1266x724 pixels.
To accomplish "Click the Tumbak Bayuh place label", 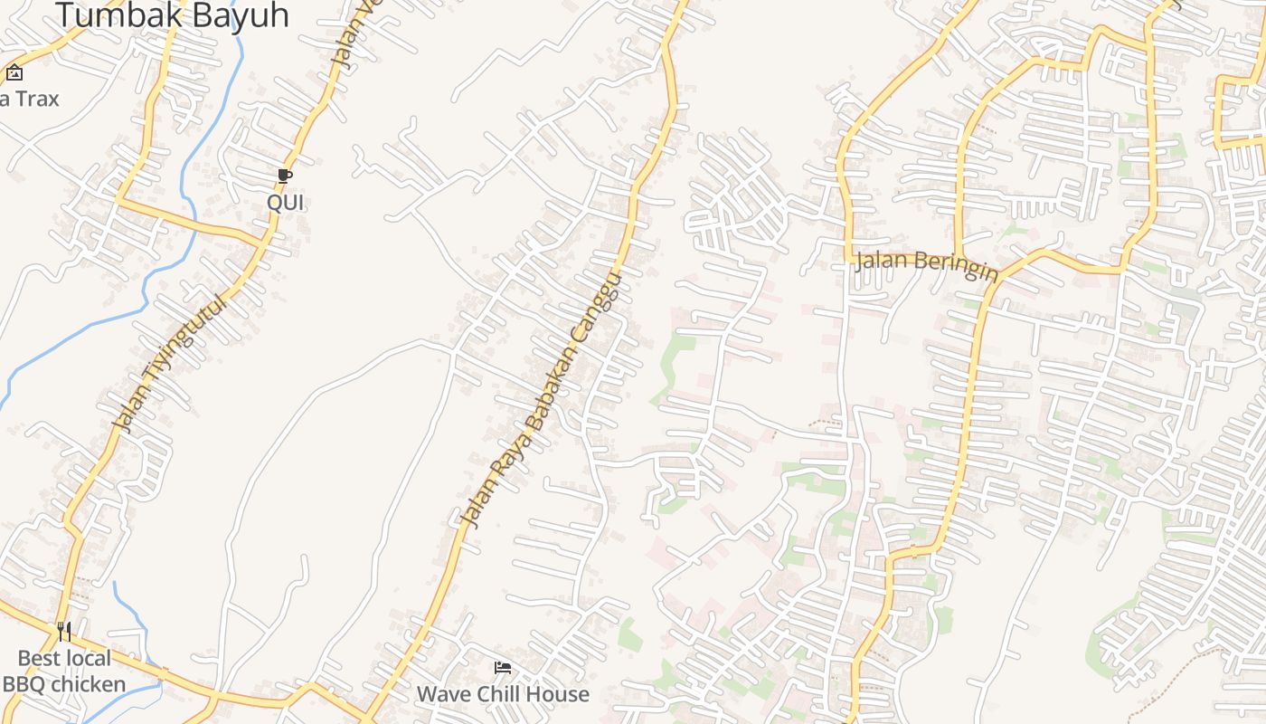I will click(172, 14).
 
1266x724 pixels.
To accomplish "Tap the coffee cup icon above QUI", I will click(285, 176).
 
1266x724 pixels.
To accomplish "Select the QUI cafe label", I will click(285, 203).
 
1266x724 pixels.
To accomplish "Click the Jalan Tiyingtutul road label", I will click(168, 361).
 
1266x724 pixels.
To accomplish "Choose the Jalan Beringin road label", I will click(926, 264).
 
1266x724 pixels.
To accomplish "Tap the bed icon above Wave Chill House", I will click(503, 669).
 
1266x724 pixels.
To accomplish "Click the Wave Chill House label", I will click(503, 694).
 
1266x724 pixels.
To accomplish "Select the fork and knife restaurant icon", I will click(64, 631).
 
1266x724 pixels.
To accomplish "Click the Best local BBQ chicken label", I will click(64, 671).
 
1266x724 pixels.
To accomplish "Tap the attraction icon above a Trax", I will click(14, 73).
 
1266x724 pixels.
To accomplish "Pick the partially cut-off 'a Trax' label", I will click(29, 99).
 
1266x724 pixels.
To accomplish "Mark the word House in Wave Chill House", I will click(563, 694).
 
